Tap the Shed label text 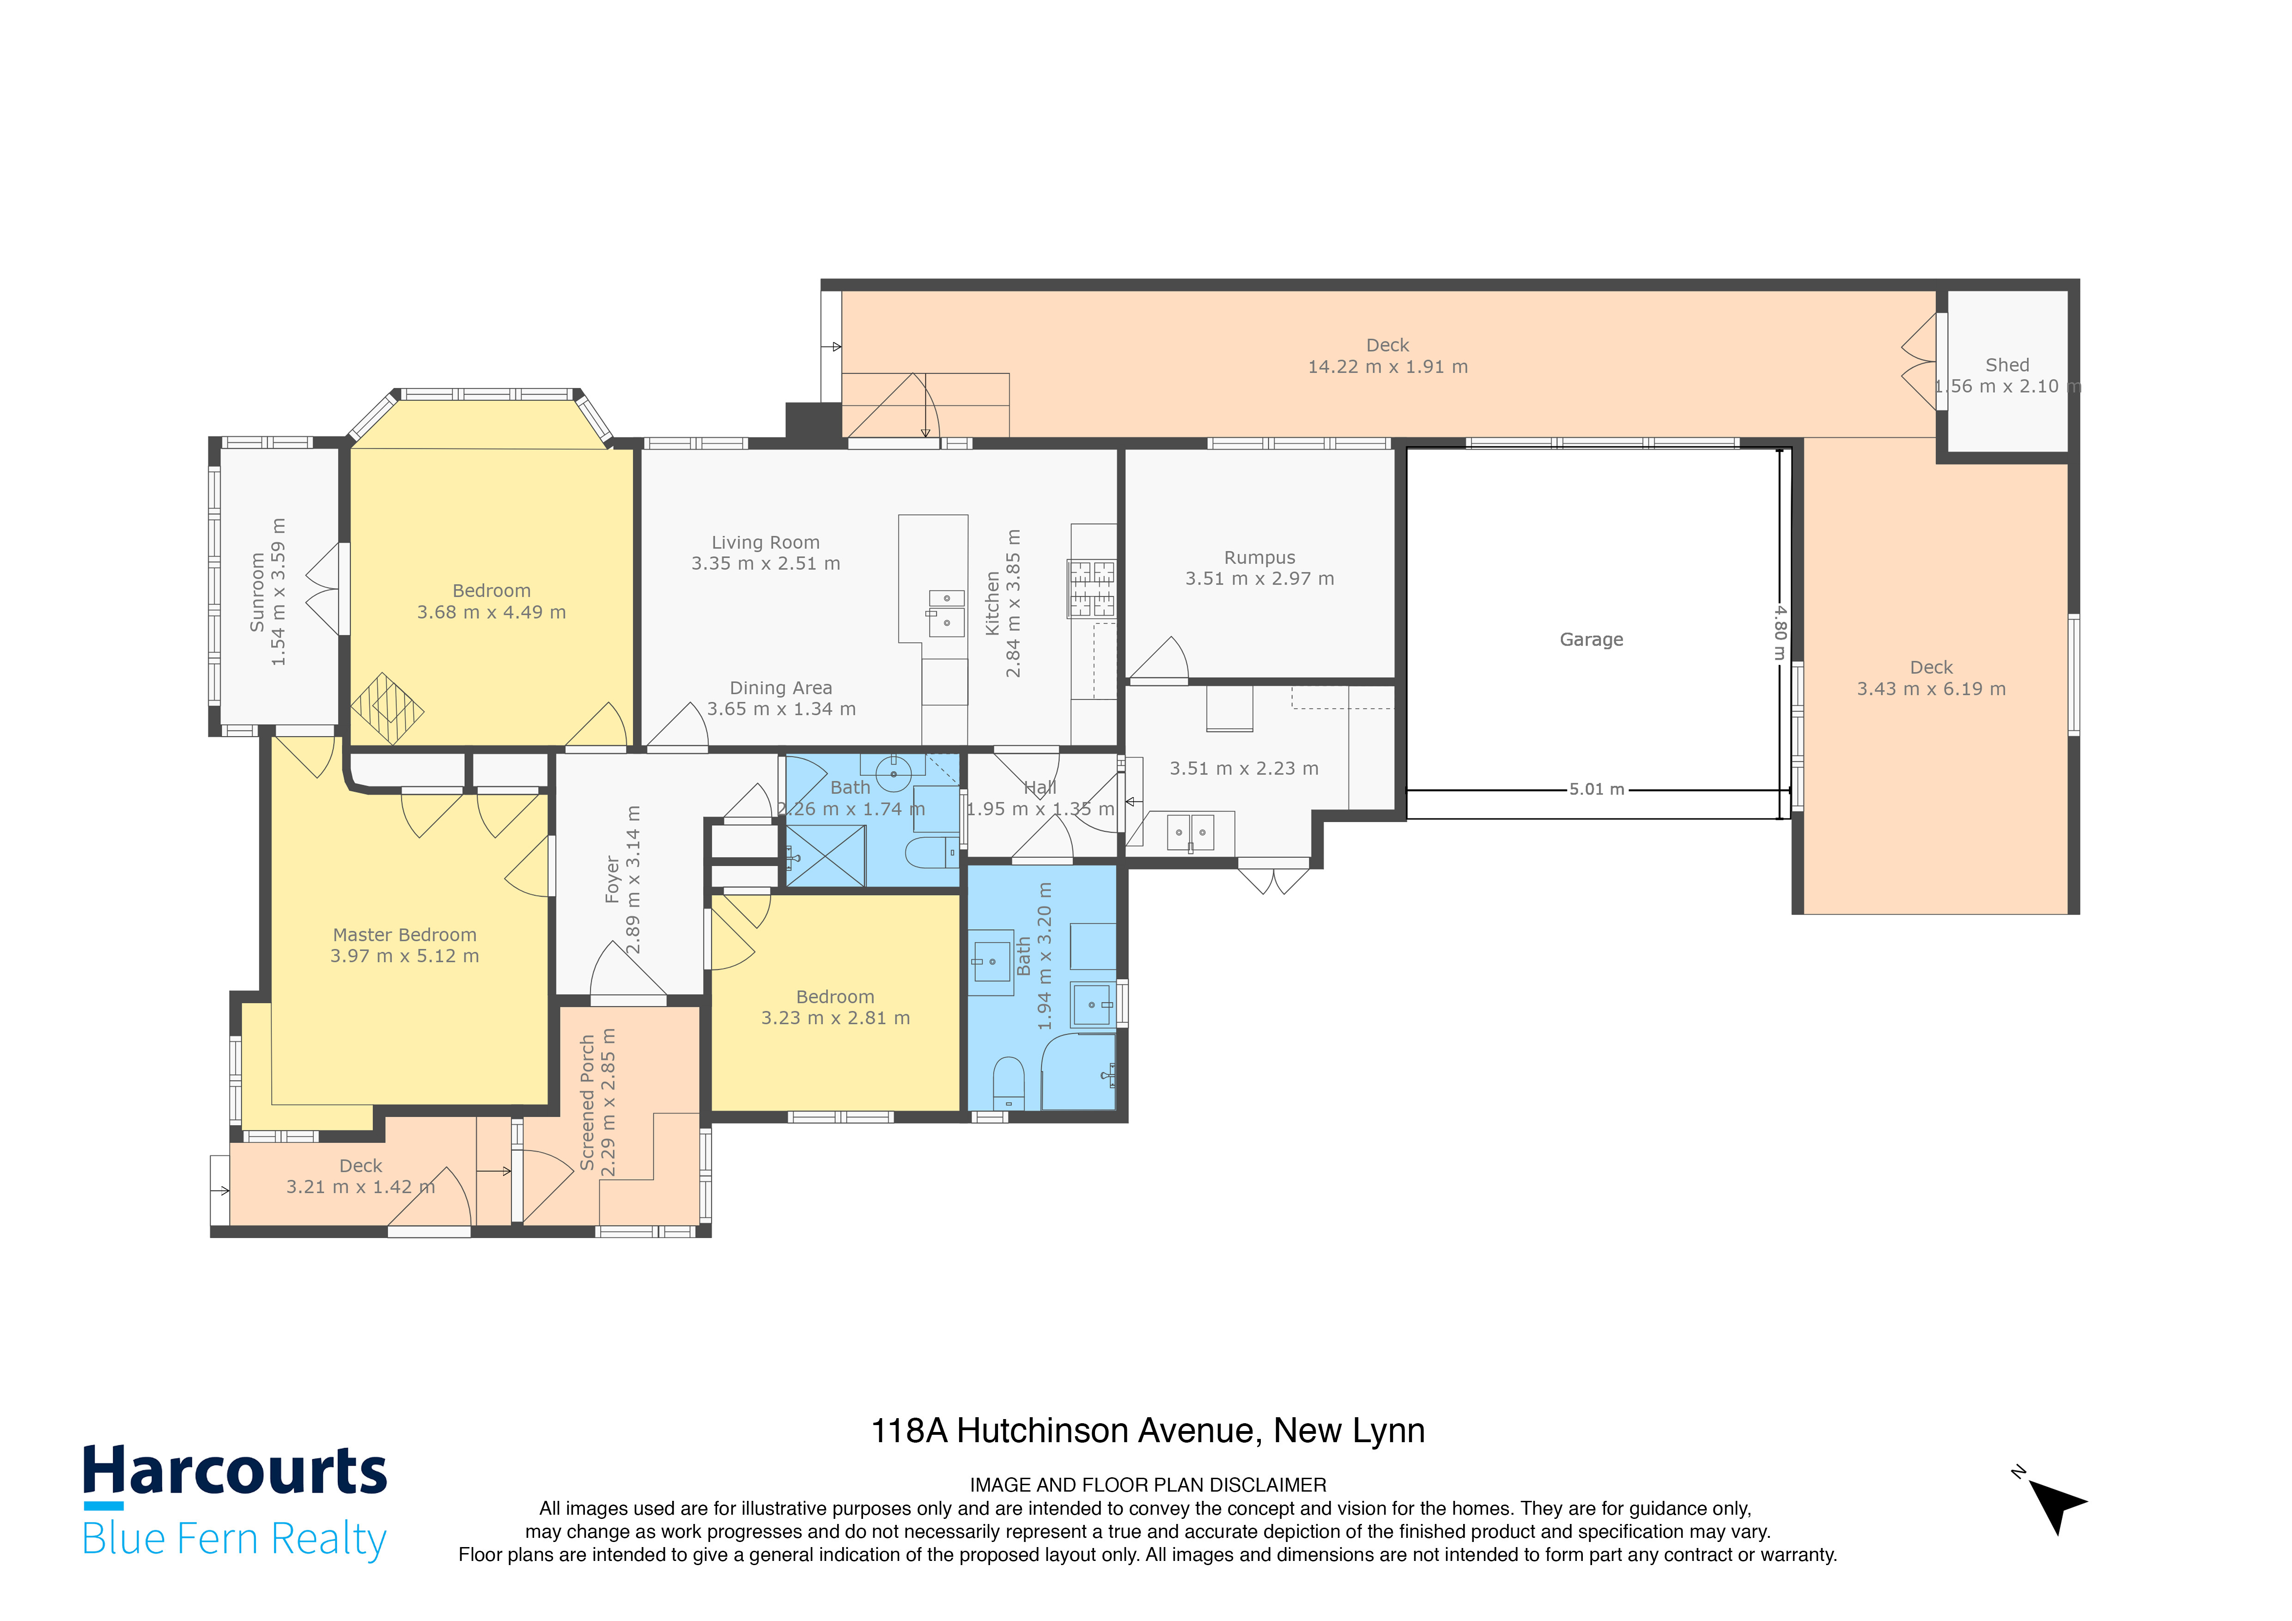pos(2006,366)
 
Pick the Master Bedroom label pos(404,935)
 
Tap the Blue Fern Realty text pos(235,1539)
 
